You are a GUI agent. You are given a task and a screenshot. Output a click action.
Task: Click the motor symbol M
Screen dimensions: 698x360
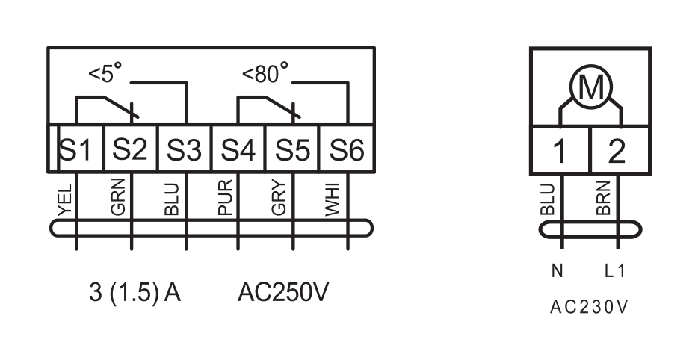590,87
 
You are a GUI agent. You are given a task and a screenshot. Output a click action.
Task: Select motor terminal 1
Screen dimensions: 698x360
560,150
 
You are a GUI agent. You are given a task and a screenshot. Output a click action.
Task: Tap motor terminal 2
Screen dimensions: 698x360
620,150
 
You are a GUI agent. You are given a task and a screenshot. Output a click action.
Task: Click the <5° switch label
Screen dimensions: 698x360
105,73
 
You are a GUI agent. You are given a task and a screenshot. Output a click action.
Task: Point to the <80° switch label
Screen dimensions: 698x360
265,73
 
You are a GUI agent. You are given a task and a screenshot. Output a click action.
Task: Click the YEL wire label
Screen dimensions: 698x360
65,200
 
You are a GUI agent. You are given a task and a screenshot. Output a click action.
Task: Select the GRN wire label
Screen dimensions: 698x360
118,197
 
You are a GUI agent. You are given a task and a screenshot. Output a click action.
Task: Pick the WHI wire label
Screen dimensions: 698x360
332,199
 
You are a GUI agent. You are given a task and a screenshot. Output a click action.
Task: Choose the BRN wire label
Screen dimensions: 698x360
603,198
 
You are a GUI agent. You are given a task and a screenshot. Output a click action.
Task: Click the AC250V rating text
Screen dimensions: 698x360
283,292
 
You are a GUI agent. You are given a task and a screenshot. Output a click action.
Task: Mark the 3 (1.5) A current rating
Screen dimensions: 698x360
135,293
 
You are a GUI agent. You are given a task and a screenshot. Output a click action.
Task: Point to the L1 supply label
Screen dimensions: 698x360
615,270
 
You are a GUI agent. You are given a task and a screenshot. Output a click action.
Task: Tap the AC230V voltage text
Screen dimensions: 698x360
589,307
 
